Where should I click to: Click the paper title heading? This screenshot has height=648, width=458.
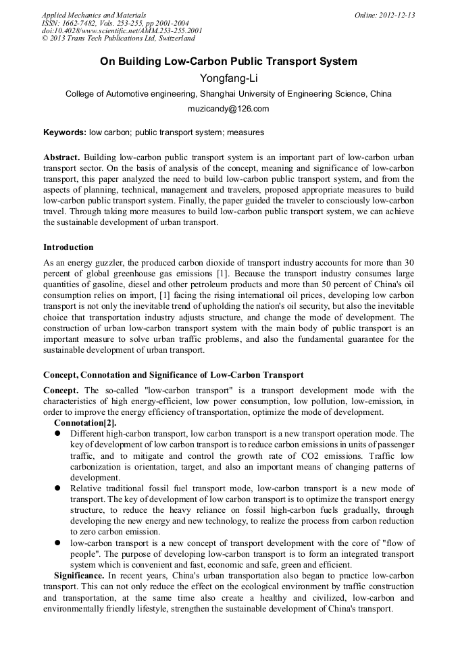[228, 61]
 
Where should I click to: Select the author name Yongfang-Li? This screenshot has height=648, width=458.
[228, 78]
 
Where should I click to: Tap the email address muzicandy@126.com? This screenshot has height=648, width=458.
[228, 109]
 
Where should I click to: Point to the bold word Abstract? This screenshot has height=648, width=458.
[62, 157]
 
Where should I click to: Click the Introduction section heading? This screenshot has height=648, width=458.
[68, 247]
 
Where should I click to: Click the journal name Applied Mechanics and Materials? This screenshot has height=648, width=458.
[93, 15]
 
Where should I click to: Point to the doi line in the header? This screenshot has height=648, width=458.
[122, 31]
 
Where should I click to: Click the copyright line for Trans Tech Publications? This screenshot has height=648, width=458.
[118, 39]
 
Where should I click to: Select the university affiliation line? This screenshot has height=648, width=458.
[228, 95]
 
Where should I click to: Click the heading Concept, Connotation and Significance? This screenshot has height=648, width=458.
[173, 374]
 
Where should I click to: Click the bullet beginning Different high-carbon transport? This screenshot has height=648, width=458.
[58, 434]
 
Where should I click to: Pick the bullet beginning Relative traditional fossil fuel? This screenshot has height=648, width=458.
[58, 488]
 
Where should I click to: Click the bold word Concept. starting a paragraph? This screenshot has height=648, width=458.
[61, 391]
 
